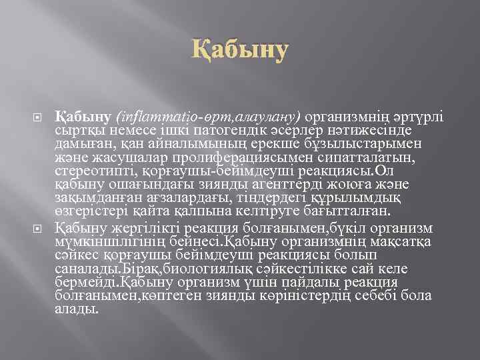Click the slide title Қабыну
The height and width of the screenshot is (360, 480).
point(240,50)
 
